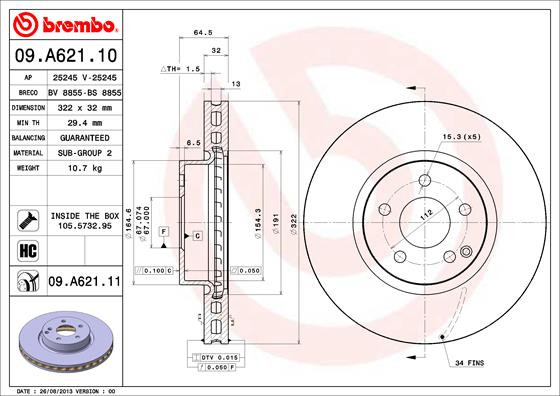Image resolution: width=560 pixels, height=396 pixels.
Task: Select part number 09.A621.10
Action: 64,54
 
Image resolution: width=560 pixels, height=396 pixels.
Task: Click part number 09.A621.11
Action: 84,283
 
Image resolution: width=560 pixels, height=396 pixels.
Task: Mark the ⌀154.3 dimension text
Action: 259,223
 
